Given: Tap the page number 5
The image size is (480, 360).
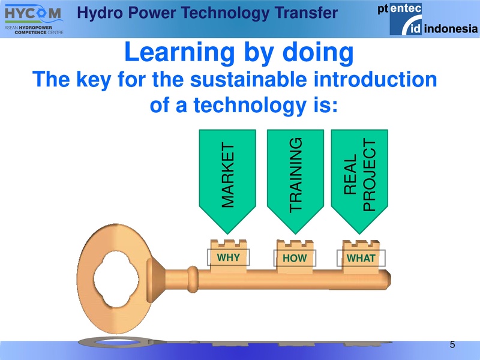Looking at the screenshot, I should click(x=452, y=344).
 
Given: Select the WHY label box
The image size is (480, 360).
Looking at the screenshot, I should click(x=228, y=257).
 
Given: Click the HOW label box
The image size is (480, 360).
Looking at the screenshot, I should click(x=294, y=259).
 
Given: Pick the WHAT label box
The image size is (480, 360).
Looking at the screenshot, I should click(x=361, y=259).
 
